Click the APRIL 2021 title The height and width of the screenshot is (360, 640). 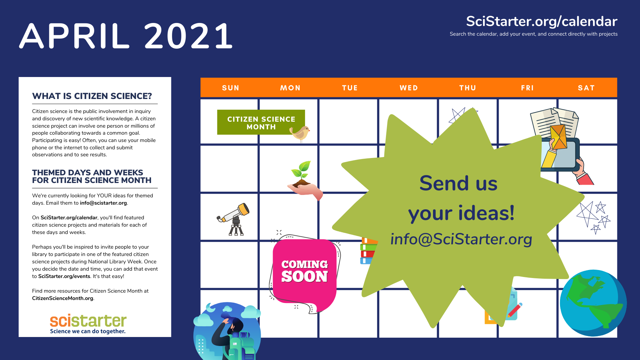coord(126,36)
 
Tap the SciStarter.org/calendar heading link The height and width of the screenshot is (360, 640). coord(541,21)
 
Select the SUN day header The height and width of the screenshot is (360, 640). coord(231,88)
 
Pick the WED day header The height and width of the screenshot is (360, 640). coord(409,88)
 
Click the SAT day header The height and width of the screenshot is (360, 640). coord(586,88)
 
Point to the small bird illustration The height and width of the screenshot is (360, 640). coord(300,133)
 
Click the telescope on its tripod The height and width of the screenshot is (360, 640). coord(235,218)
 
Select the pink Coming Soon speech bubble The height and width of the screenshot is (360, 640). coord(304,271)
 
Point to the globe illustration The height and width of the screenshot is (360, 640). coord(593,303)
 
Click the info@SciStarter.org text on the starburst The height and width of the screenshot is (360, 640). coord(461,239)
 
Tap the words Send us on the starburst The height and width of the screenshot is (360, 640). coord(458,183)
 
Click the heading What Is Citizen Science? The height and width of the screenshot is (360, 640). coord(92,96)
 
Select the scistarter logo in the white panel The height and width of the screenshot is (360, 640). coord(88,320)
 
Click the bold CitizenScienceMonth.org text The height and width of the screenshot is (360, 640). coord(63,298)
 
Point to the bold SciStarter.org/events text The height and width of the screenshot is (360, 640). coord(64,276)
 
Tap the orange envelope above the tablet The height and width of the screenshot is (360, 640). coord(559,137)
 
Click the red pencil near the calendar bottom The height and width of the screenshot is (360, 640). coord(515,310)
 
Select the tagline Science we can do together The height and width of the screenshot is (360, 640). coord(88,331)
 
